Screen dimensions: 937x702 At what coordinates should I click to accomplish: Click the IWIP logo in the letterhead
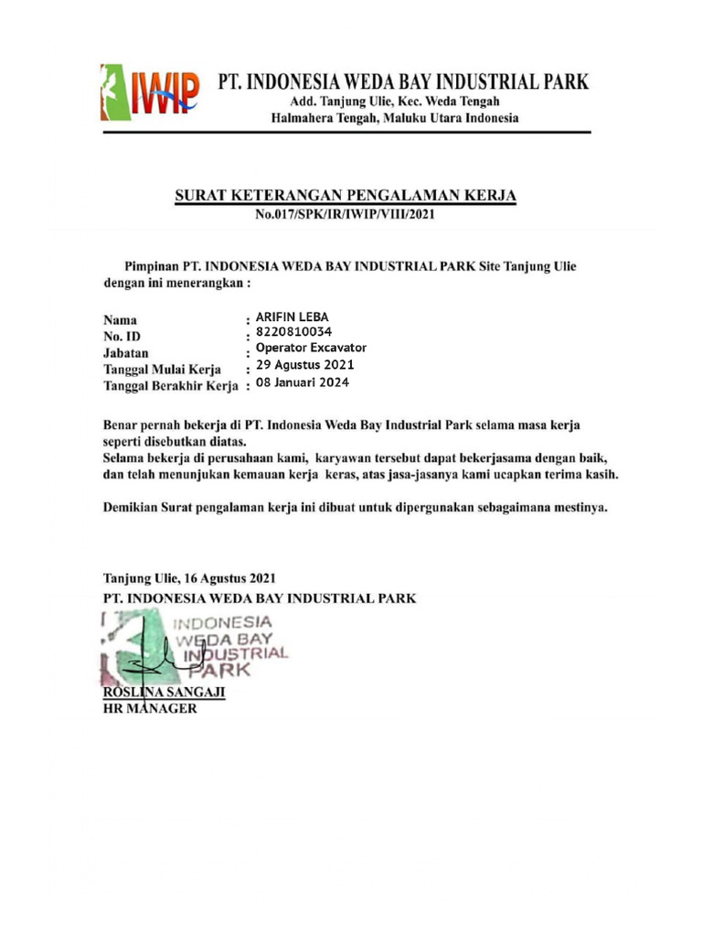tap(148, 92)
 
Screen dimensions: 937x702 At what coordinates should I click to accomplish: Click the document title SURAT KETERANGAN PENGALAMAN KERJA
tap(346, 196)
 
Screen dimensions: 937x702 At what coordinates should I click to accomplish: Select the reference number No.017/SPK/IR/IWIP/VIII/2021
tap(346, 215)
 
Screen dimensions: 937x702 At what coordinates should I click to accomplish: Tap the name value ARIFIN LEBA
tap(292, 318)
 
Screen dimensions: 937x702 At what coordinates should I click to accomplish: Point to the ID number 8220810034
tap(294, 332)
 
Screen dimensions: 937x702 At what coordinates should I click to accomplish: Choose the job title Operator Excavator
tap(311, 348)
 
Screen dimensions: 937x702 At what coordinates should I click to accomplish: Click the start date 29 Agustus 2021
tap(304, 365)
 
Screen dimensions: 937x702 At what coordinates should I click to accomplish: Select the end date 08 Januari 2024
tap(303, 382)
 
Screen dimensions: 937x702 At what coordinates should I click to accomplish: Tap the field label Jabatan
tap(126, 352)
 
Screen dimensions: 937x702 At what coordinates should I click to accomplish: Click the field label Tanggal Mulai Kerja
tap(162, 369)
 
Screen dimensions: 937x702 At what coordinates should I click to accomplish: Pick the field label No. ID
tap(122, 337)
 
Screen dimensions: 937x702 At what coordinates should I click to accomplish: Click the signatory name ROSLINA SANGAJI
tap(164, 694)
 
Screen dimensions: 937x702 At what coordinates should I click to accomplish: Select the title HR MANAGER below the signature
tap(149, 709)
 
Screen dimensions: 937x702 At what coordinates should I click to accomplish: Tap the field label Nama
tap(120, 321)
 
